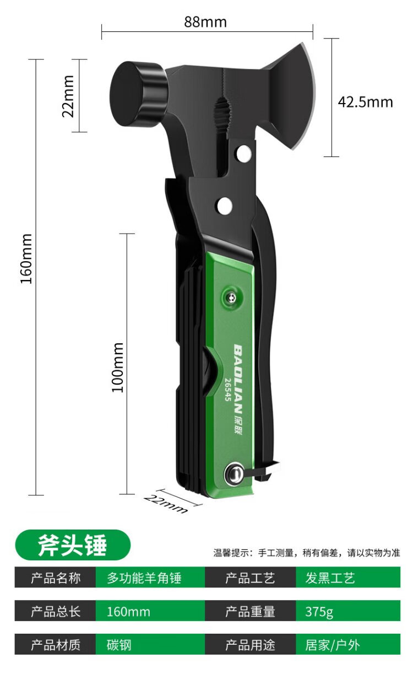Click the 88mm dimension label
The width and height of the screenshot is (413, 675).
coord(205,22)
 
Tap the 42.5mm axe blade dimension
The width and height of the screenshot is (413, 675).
coord(365,102)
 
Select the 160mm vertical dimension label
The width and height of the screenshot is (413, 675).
coord(26,258)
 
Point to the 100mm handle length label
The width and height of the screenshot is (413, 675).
coord(118,368)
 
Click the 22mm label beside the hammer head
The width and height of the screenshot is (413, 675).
coord(68,96)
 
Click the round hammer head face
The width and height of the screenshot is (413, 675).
coord(127,94)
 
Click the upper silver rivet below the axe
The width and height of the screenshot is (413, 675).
coord(244,153)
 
